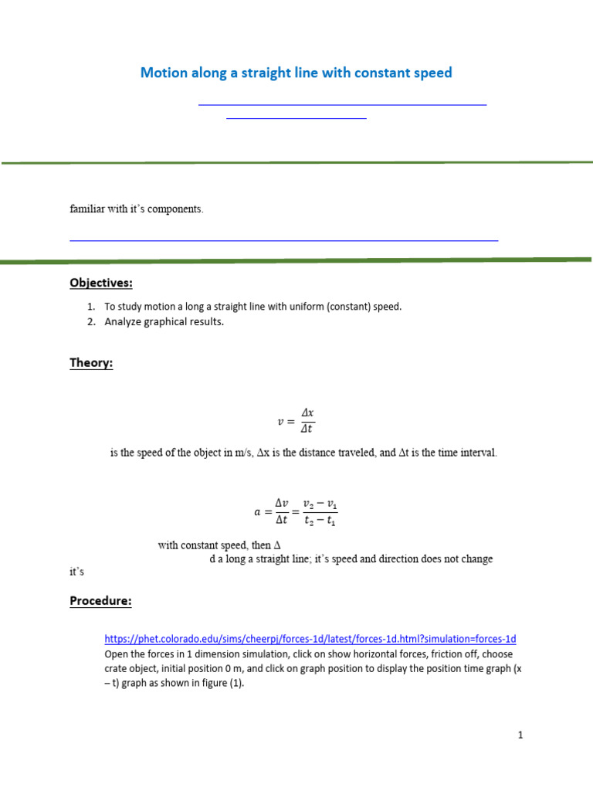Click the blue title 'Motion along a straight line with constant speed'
point(296,73)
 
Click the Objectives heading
point(101,283)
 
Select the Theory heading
point(91,363)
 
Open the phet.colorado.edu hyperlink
point(310,639)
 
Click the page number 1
point(520,735)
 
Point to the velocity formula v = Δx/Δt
point(296,422)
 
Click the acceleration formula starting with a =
point(296,511)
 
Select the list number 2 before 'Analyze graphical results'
point(91,322)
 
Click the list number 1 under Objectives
point(91,307)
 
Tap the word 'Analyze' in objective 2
point(124,322)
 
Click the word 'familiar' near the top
point(86,209)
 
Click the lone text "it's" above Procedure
point(76,572)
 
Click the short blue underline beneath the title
point(296,118)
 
